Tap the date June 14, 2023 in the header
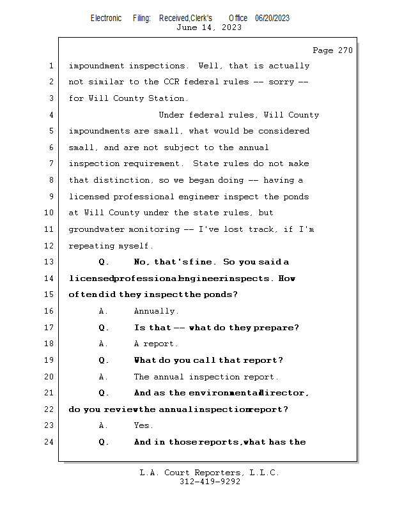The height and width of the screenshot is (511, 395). click(x=209, y=27)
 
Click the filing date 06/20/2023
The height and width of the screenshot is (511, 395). click(x=272, y=18)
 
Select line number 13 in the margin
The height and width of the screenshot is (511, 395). click(x=49, y=262)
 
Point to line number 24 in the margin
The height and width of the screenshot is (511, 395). click(x=49, y=442)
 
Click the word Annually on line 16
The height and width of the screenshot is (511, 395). click(x=156, y=311)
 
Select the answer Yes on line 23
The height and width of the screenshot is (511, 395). click(x=143, y=425)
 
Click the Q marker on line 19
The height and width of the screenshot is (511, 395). click(x=103, y=360)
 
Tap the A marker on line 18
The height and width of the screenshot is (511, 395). click(x=103, y=344)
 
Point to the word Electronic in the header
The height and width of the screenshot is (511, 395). click(x=106, y=18)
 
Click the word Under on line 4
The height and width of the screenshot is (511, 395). click(x=172, y=115)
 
